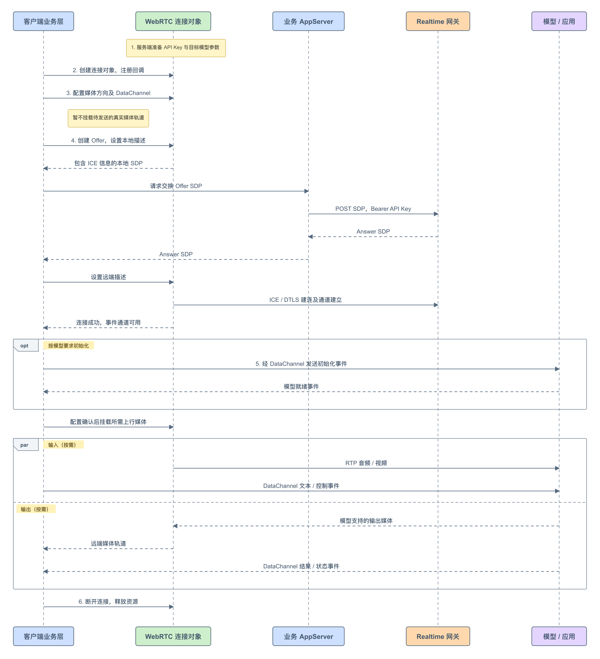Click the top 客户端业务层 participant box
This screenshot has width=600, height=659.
43,21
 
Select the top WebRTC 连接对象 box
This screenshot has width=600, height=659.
173,21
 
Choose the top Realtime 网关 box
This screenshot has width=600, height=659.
438,21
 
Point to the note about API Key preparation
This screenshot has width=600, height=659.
176,48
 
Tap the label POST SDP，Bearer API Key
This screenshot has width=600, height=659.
373,209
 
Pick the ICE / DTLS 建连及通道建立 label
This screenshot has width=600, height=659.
306,300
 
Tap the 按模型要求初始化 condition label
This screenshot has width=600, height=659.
69,346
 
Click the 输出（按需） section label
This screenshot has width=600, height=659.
36,509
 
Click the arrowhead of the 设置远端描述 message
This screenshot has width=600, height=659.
172,282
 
